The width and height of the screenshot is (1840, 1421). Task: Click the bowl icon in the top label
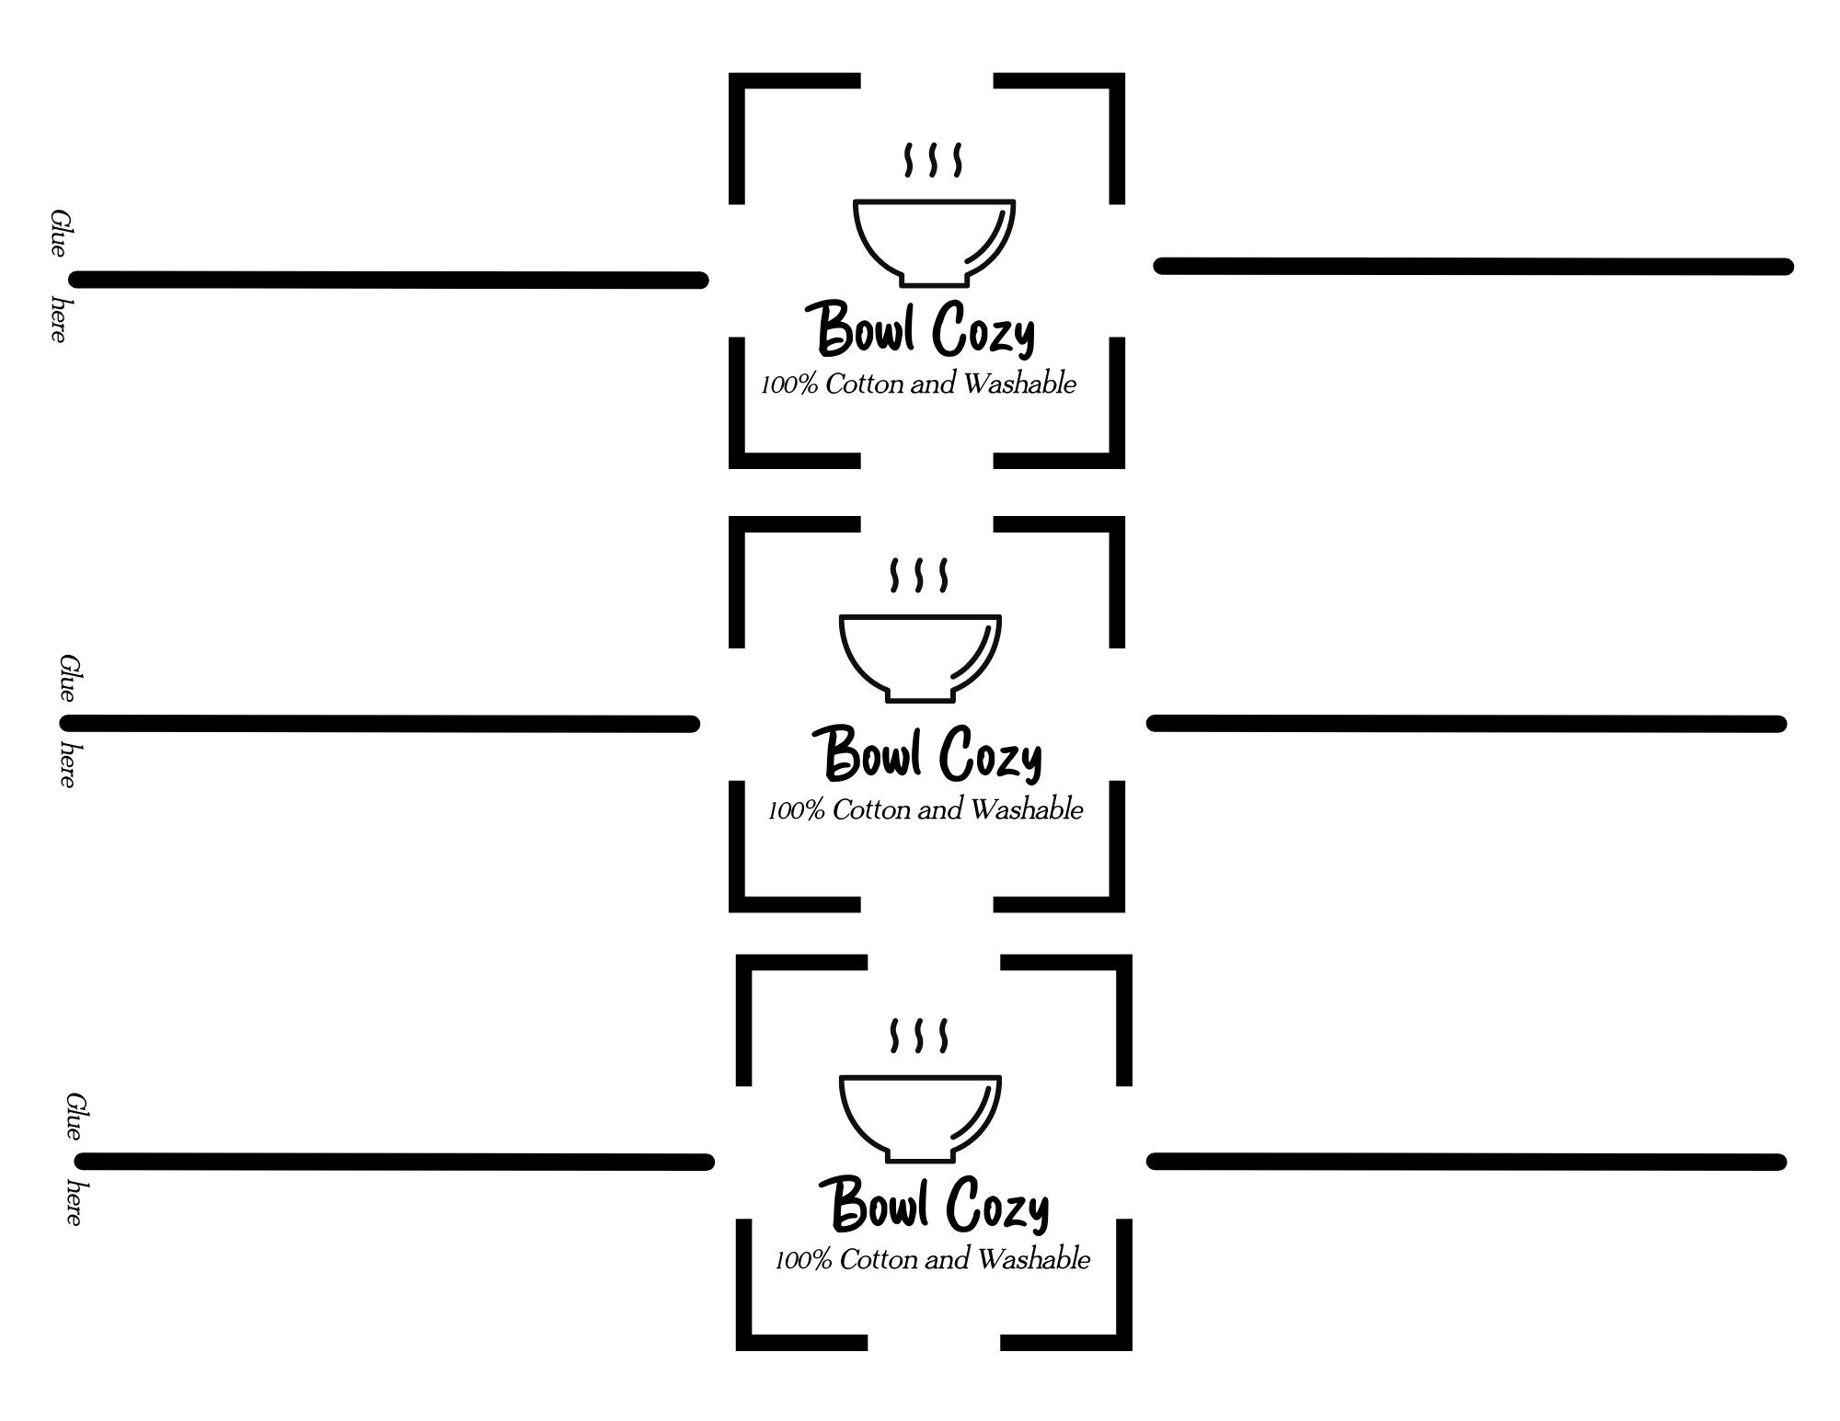coord(934,242)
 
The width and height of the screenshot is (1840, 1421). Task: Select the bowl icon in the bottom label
coord(920,1118)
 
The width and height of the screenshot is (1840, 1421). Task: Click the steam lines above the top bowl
coord(933,159)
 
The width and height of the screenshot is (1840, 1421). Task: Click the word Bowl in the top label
coord(865,328)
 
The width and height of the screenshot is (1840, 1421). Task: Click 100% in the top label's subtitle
coord(789,384)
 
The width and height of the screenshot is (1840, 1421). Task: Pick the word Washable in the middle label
coord(1027,809)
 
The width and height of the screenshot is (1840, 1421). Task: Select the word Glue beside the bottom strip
coord(75,1116)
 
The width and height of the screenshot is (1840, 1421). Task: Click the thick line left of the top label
coord(389,280)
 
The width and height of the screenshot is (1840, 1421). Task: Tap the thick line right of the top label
coord(1474,266)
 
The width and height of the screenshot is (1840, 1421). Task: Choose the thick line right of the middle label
coord(1466,724)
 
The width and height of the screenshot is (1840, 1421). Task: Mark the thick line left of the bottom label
coord(396,1162)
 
